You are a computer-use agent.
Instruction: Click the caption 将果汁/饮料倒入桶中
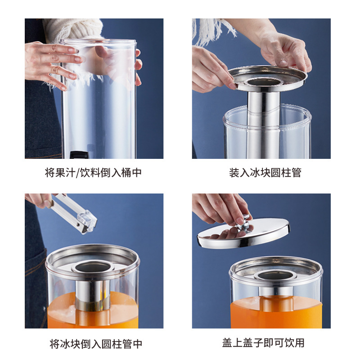(93, 173)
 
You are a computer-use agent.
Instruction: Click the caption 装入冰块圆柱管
(265, 173)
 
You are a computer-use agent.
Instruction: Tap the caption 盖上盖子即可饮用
(263, 343)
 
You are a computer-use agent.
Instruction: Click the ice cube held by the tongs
(87, 222)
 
